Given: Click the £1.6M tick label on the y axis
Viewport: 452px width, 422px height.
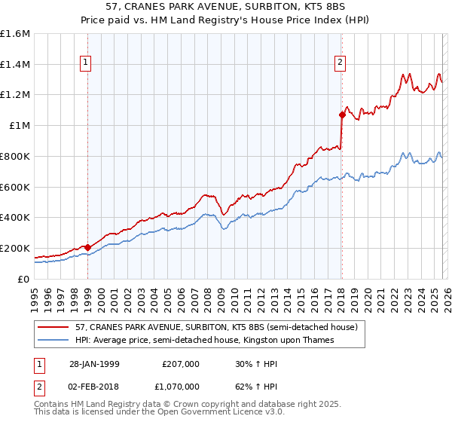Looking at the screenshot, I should tap(14, 34).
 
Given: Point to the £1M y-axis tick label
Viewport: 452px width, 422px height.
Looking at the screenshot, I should tap(19, 126).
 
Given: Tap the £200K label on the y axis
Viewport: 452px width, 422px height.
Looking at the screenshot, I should tap(14, 248).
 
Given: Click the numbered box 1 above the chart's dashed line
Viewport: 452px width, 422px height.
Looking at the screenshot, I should tap(87, 63).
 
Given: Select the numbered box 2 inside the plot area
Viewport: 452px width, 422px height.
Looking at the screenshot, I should tap(341, 63).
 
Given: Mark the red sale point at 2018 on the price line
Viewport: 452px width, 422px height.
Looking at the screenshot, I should tap(341, 115).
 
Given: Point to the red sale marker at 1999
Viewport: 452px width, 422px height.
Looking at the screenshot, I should tap(88, 247).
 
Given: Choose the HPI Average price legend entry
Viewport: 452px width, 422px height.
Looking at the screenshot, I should tap(204, 340).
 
